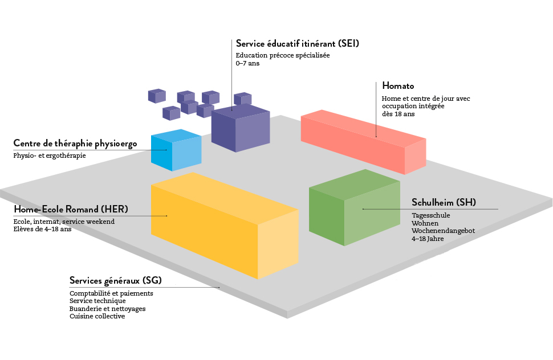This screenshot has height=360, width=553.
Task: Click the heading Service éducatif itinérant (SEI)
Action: click(x=297, y=43)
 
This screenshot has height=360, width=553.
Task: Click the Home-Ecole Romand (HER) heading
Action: click(x=71, y=208)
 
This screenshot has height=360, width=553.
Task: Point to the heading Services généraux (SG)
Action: click(x=116, y=280)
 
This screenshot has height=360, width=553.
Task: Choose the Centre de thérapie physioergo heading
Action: click(x=75, y=144)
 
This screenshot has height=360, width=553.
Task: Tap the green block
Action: click(x=353, y=208)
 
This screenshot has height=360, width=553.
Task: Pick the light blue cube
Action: click(x=176, y=150)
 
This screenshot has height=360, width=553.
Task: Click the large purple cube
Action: click(x=239, y=128)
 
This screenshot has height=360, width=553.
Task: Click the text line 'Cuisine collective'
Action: click(x=97, y=316)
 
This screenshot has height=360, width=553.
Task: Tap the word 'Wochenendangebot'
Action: click(x=443, y=231)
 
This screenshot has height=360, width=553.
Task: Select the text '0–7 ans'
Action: click(x=247, y=64)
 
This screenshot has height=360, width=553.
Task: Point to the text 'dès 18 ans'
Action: click(x=398, y=114)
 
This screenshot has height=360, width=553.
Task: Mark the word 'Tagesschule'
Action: click(x=430, y=215)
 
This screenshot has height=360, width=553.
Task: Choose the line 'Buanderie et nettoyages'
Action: click(x=107, y=309)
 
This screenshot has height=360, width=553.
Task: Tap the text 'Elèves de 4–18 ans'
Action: click(x=42, y=229)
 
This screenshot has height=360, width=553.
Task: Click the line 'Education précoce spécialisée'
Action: click(x=283, y=56)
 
